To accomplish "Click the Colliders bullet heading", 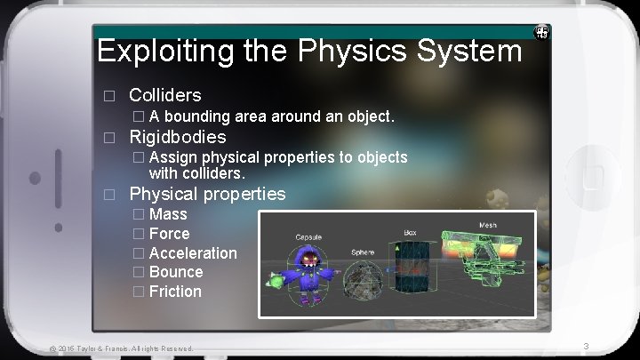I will tap(165, 95).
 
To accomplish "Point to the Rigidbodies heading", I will tap(178, 137).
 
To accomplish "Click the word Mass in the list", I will tap(168, 214).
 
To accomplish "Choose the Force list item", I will tap(169, 234).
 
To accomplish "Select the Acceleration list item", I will tap(193, 253).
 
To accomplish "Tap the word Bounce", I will tap(176, 272).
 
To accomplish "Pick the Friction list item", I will tap(175, 292).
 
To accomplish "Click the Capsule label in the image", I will tap(309, 238).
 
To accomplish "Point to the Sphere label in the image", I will tap(363, 252).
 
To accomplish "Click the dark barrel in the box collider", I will tap(411, 270).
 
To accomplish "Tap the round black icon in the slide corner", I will tap(540, 32).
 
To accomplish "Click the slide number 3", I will tap(585, 345).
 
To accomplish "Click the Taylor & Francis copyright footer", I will tap(122, 348).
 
